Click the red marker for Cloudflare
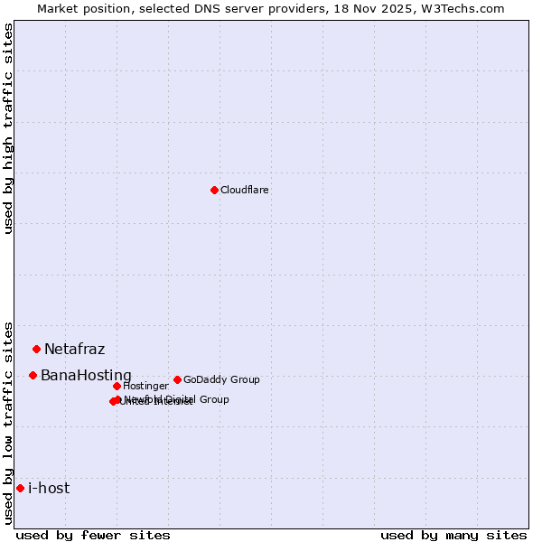tap(214, 190)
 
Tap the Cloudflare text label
tap(244, 191)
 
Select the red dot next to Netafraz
tap(36, 349)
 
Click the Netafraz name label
tap(74, 350)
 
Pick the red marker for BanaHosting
tap(33, 375)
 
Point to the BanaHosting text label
tap(86, 376)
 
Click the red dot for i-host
tap(20, 488)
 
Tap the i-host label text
tap(49, 489)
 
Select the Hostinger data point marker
tap(117, 386)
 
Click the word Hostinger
tap(145, 387)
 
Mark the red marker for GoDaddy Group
tap(177, 379)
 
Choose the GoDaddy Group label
tap(221, 380)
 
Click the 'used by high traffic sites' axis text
tap(9, 128)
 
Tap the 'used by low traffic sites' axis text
tap(9, 422)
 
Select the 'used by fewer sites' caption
tap(93, 536)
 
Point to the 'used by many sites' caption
tap(453, 536)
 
